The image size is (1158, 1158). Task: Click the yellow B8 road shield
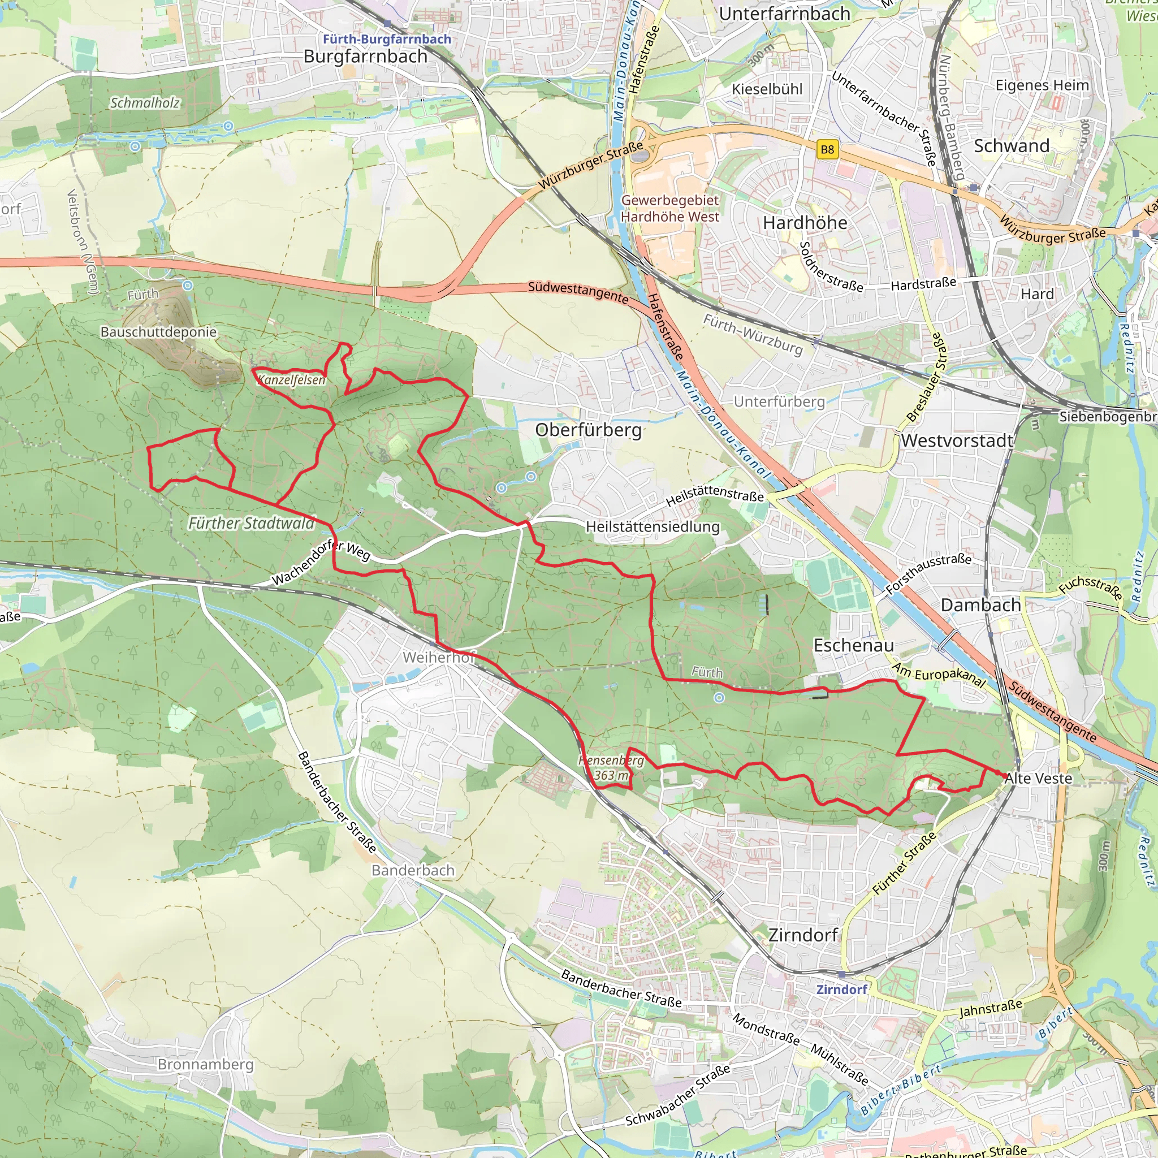tap(827, 149)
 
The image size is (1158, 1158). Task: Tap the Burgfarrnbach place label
tap(365, 57)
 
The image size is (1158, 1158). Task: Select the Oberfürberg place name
tap(588, 430)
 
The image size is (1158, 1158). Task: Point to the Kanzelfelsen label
tap(291, 379)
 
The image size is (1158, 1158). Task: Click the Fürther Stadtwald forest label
tap(251, 523)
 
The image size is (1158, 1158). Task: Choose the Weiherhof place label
tap(439, 658)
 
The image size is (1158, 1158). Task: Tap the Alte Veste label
tap(1038, 779)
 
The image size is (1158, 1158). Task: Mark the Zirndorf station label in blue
tap(841, 989)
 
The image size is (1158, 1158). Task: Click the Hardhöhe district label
tap(805, 223)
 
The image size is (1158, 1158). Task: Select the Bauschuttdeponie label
tap(158, 331)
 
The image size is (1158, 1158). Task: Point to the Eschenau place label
tap(853, 645)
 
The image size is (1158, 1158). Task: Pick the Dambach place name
tap(980, 605)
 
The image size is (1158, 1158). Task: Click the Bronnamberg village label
tap(206, 1064)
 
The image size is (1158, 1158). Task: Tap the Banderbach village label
tap(413, 870)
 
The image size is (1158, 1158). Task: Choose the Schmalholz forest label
tap(144, 103)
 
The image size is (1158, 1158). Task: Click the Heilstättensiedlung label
tap(652, 526)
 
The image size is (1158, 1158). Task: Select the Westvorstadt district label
tap(957, 440)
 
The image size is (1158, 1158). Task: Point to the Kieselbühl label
tap(767, 89)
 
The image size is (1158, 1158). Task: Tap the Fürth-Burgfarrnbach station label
tap(387, 39)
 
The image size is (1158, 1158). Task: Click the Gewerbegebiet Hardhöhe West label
tap(669, 208)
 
